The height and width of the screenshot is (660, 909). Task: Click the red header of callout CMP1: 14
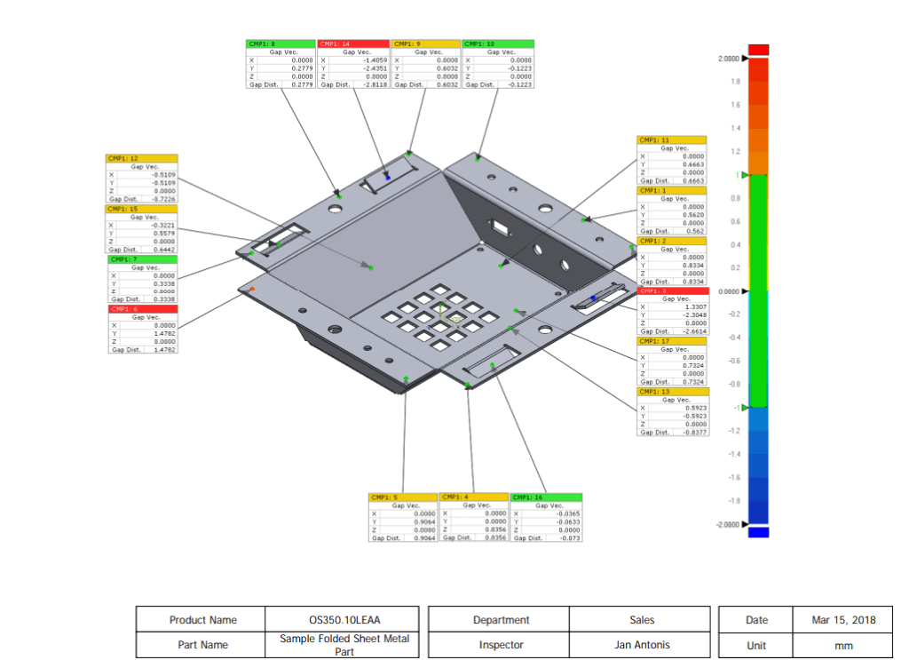(x=353, y=44)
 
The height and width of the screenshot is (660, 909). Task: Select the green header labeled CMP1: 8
(x=281, y=44)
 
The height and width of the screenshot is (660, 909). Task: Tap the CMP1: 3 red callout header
(x=673, y=290)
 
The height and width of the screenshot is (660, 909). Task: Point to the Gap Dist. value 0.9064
(x=421, y=538)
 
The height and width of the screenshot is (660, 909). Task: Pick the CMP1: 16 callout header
(x=546, y=497)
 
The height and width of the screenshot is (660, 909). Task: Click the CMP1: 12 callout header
(x=141, y=158)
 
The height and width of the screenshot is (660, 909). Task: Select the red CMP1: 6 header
(x=141, y=309)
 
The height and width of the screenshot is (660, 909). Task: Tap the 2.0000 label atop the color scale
(x=727, y=59)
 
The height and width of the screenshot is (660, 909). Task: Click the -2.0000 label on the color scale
(x=725, y=525)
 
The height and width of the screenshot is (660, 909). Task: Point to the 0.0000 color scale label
(x=727, y=291)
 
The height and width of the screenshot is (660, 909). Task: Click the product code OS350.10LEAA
(x=344, y=620)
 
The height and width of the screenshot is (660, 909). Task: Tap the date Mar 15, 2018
(x=843, y=620)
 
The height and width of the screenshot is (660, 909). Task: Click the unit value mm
(x=843, y=646)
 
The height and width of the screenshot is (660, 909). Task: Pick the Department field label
(x=502, y=620)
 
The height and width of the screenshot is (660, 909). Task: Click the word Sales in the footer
(x=641, y=620)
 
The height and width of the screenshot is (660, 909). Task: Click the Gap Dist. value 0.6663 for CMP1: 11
(x=689, y=181)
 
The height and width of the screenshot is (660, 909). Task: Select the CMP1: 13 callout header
(x=673, y=392)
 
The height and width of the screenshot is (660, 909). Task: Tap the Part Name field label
(x=202, y=645)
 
